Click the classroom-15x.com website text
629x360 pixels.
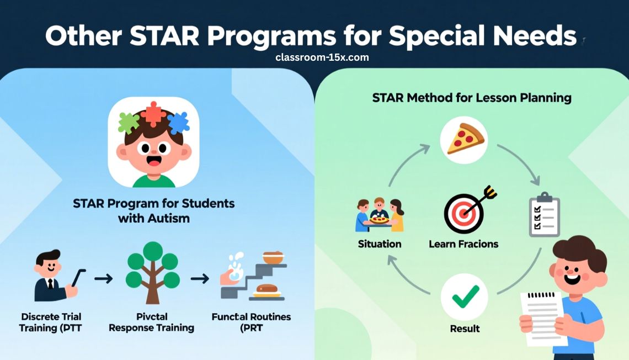pyautogui.click(x=322, y=57)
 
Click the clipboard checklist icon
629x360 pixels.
pyautogui.click(x=544, y=215)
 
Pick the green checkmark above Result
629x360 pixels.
pyautogui.click(x=465, y=297)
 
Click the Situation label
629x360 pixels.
pyautogui.click(x=380, y=243)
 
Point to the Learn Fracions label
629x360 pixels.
pyautogui.click(x=463, y=243)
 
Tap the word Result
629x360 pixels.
pyautogui.click(x=465, y=329)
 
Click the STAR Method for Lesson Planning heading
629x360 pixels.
pyautogui.click(x=472, y=98)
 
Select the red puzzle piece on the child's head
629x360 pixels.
pyautogui.click(x=153, y=114)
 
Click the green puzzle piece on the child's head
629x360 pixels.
pyautogui.click(x=129, y=122)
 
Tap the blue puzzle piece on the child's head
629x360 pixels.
pyautogui.click(x=178, y=121)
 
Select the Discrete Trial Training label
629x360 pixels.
pyautogui.click(x=51, y=322)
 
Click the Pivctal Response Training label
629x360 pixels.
pyautogui.click(x=151, y=322)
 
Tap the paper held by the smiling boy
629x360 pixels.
pyautogui.click(x=542, y=317)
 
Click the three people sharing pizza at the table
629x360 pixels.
pyautogui.click(x=380, y=215)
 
